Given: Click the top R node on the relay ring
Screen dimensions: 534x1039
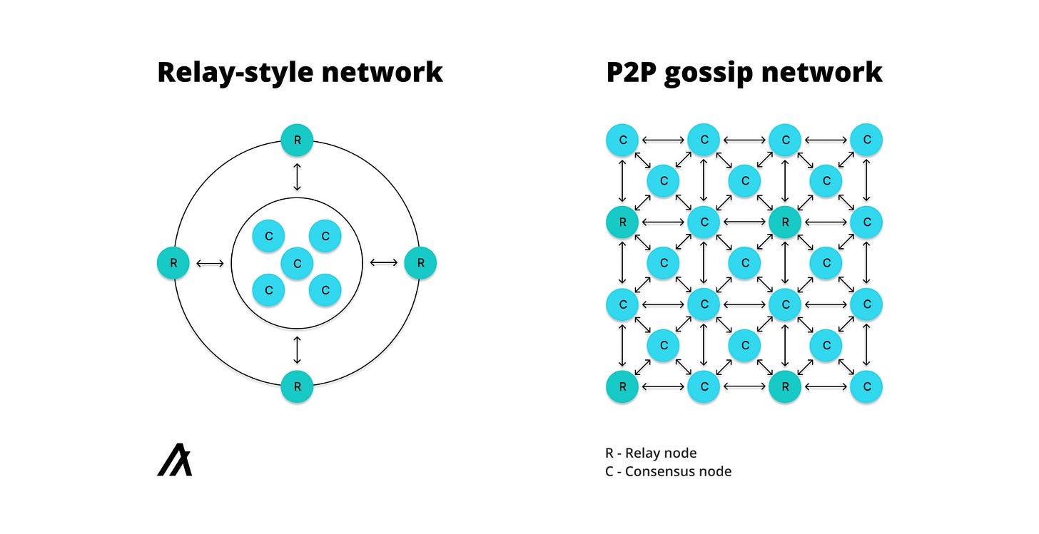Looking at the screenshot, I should (x=297, y=140).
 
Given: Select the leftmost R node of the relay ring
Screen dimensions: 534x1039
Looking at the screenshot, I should (x=173, y=263).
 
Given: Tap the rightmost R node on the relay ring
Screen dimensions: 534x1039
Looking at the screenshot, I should (x=420, y=263).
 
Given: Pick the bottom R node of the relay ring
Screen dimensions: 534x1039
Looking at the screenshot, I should (x=297, y=386).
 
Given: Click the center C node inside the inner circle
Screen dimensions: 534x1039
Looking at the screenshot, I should (x=297, y=263).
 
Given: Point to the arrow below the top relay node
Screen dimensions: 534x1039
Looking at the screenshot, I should (x=297, y=175).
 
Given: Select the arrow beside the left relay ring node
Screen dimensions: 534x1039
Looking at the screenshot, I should (x=210, y=263).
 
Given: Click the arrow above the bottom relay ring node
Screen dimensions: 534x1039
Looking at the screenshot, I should (x=297, y=350).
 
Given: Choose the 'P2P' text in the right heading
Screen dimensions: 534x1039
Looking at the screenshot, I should (x=631, y=73).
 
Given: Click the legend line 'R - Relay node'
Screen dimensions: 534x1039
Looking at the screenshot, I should (x=651, y=453).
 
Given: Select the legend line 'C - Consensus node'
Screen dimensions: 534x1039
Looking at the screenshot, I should (x=668, y=471).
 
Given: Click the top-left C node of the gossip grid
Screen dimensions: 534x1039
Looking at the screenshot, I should (x=623, y=140).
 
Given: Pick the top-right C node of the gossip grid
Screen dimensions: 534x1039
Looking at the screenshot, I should (x=866, y=140).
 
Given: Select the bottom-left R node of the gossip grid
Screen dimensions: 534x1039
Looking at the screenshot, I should (x=623, y=386).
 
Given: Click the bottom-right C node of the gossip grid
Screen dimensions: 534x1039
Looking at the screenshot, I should (x=866, y=386).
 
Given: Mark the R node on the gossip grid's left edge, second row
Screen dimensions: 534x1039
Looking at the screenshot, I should (x=623, y=222).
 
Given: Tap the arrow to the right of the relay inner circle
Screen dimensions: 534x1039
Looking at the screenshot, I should (x=384, y=263).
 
